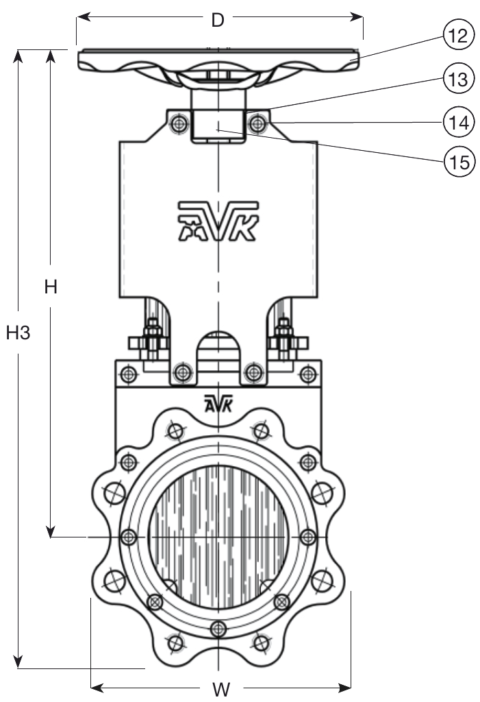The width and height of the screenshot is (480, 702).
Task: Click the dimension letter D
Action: (x=218, y=20)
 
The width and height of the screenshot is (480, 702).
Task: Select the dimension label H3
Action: (x=18, y=333)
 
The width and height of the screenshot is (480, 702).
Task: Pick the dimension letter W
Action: (x=220, y=689)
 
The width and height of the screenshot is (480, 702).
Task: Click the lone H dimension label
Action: (x=50, y=288)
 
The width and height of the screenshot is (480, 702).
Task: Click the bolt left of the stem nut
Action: (x=179, y=124)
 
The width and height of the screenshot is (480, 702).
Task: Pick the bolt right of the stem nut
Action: (x=257, y=124)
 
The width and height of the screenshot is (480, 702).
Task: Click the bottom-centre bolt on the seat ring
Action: (x=218, y=628)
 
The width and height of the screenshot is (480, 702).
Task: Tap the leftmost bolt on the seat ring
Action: (x=127, y=536)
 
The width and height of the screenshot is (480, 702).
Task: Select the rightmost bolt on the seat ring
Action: (x=308, y=536)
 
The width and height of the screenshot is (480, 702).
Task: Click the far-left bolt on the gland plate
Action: (x=127, y=374)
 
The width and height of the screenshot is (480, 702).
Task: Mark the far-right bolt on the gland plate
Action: (x=310, y=374)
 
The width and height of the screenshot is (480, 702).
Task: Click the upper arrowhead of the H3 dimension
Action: (x=18, y=55)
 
